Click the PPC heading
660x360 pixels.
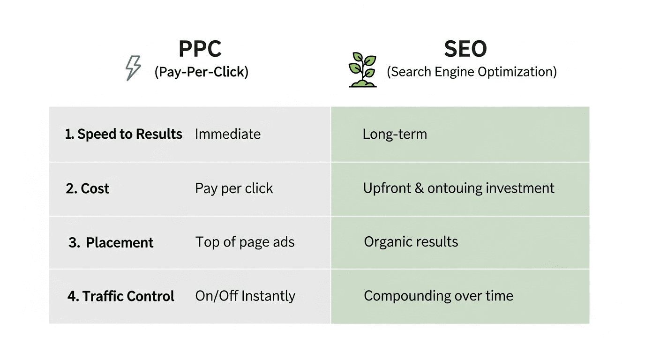coord(200,49)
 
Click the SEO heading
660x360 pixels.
coord(465,49)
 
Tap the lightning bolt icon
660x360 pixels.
coord(133,68)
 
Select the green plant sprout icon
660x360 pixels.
coord(362,70)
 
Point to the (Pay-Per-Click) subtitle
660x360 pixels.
coord(201,72)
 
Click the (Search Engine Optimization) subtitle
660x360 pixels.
coord(472,72)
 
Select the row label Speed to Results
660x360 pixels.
coord(124,134)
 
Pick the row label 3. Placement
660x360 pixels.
coord(111,242)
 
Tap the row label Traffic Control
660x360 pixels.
coord(121,296)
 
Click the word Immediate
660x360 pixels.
coord(228,134)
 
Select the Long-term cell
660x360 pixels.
coord(395,134)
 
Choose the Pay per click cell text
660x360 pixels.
coord(234,188)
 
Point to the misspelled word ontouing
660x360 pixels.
coord(455,188)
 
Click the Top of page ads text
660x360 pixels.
coord(245,242)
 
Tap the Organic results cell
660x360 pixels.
coord(411,242)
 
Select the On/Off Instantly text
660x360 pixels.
coord(245,296)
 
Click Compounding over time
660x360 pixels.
coord(438,296)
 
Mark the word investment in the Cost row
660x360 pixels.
coord(520,188)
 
